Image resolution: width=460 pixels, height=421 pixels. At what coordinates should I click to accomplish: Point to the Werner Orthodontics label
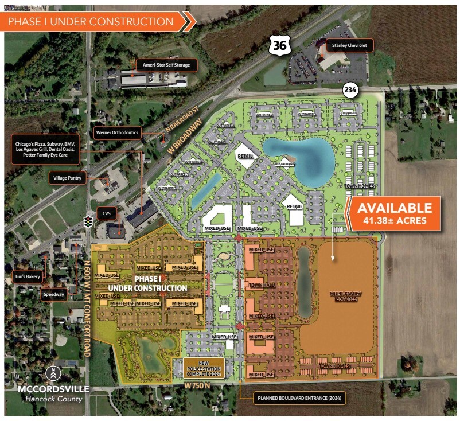[117, 133]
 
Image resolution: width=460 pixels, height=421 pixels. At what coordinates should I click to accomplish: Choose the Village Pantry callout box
[68, 178]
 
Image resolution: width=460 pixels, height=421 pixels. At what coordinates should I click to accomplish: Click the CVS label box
[106, 213]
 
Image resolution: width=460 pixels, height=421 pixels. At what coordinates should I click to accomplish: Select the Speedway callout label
[53, 295]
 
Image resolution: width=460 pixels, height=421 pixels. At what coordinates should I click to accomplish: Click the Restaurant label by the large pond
[284, 163]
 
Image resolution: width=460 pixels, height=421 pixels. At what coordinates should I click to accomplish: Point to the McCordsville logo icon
[53, 373]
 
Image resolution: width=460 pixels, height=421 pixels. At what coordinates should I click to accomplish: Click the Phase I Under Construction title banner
[98, 22]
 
